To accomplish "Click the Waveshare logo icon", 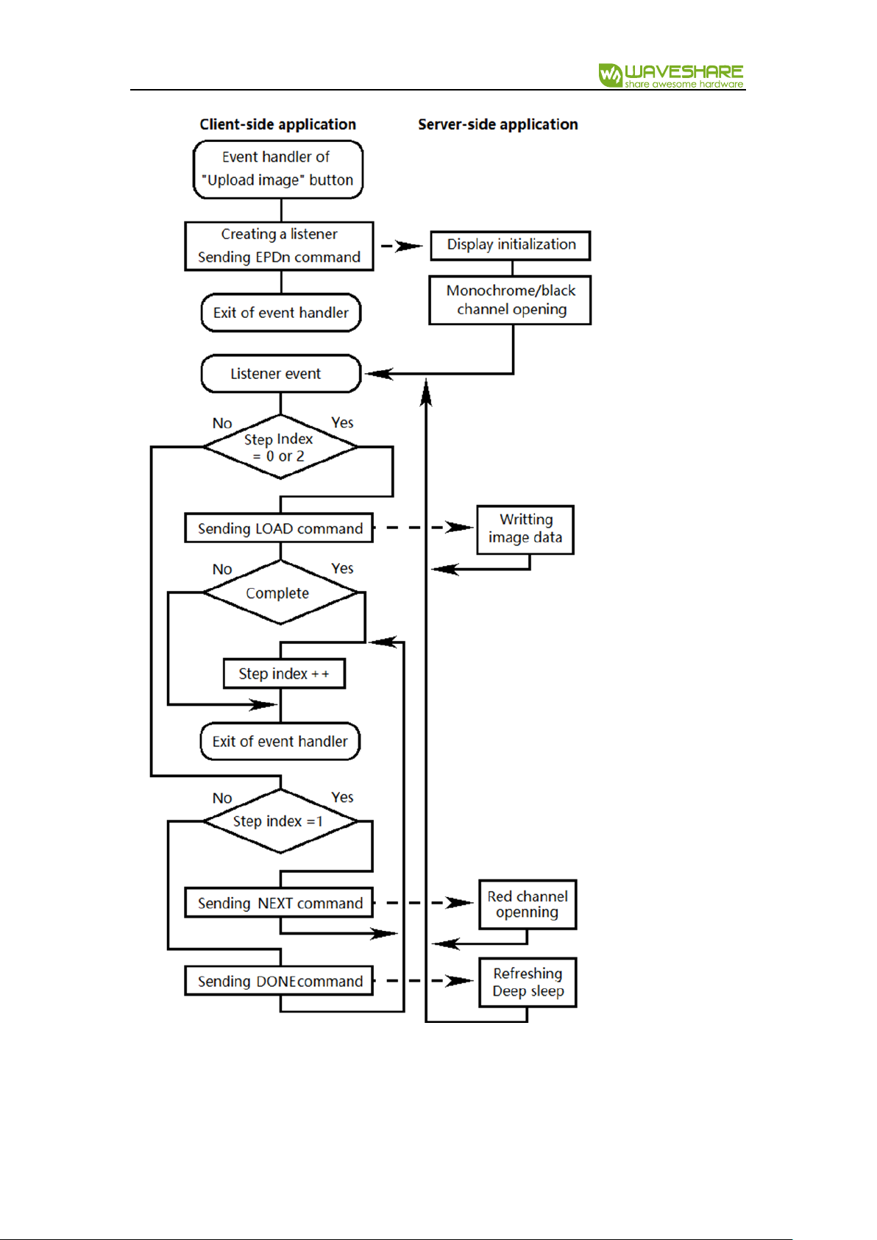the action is coord(611,75).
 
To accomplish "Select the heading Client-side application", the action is coord(278,124).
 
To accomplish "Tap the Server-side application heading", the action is coord(498,124).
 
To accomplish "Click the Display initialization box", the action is coord(511,245).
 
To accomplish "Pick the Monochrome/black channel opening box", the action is coord(510,300).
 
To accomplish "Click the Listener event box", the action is coord(281,374).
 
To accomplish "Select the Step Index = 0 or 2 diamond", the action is coord(280,447).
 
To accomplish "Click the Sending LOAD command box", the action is coord(280,528).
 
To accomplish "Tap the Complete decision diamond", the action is coord(280,593).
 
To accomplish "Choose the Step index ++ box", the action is coord(285,673).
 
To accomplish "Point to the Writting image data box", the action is coord(525,530).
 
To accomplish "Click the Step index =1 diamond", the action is coord(280,821).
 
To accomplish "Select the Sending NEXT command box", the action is coord(280,903).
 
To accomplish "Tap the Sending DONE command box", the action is coord(280,980).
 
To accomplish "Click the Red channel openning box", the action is coord(528,904).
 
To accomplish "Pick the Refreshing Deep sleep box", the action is coord(528,982).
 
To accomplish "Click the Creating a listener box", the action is coord(280,247).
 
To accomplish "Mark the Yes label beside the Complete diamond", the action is coord(343,569).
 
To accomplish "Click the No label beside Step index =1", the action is coord(222,798).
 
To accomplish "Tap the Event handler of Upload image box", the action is coord(278,169).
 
